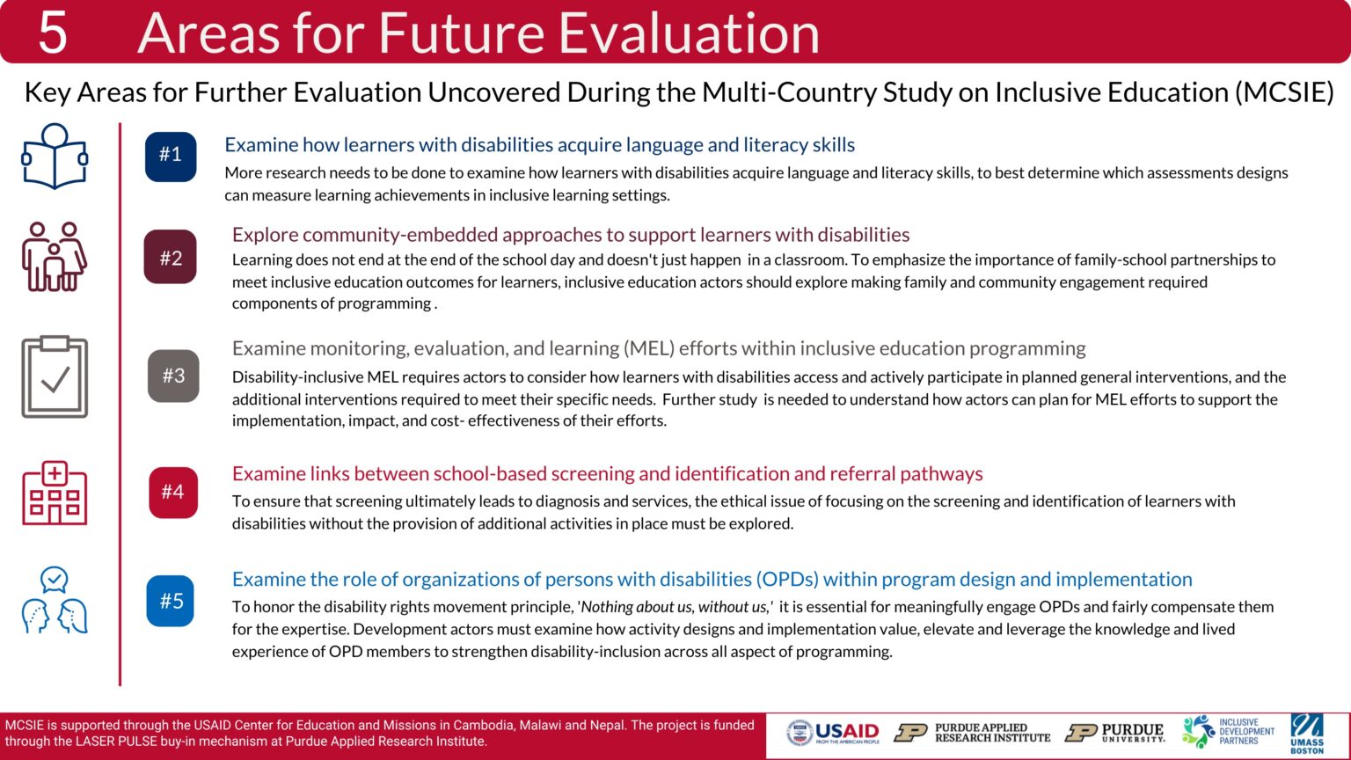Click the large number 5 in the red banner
pyautogui.click(x=53, y=33)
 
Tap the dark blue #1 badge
pyautogui.click(x=171, y=156)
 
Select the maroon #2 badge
pyautogui.click(x=171, y=258)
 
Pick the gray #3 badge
pyautogui.click(x=173, y=376)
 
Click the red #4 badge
pyautogui.click(x=173, y=492)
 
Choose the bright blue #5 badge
pyautogui.click(x=171, y=601)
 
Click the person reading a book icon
pyautogui.click(x=55, y=157)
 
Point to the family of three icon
pyautogui.click(x=55, y=256)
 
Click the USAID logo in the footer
pyautogui.click(x=833, y=733)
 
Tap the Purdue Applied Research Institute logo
pyautogui.click(x=973, y=733)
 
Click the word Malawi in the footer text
pyautogui.click(x=540, y=726)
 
